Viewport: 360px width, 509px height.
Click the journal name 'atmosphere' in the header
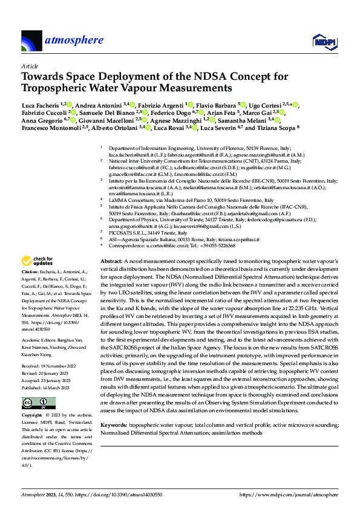click(73, 41)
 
